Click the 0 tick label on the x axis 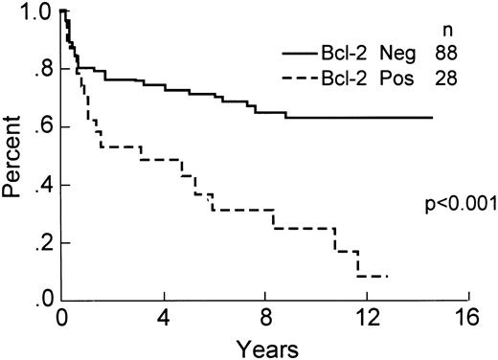61,317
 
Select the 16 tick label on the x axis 466,317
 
